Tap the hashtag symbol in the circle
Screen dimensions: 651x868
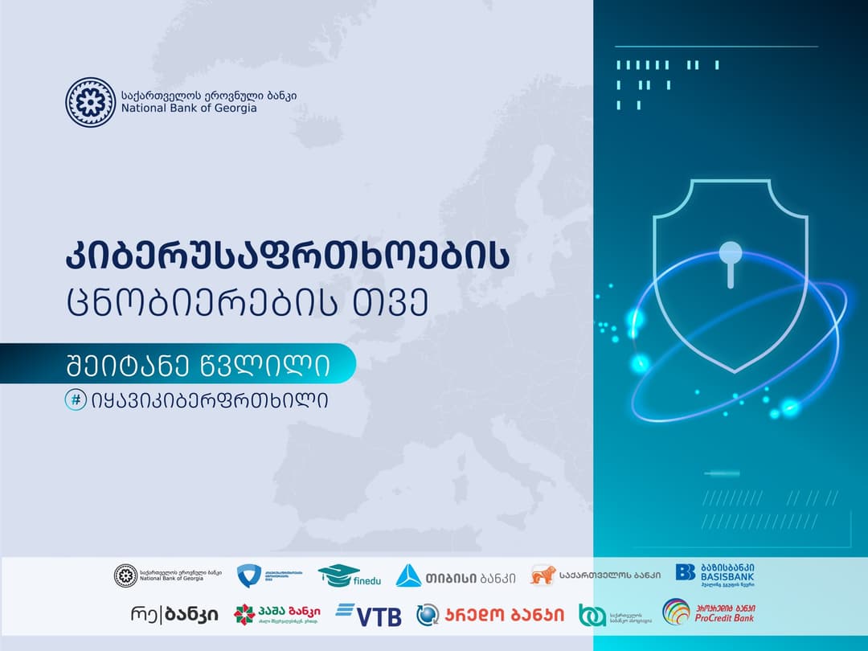tap(76, 399)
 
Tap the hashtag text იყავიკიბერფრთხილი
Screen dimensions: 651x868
tap(211, 399)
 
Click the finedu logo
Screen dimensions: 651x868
tap(349, 575)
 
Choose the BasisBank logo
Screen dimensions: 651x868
tap(715, 575)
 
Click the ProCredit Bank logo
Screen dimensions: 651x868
tap(708, 613)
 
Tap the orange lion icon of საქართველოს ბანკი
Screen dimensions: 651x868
tap(542, 575)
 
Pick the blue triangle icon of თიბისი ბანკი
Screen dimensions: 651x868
tap(408, 575)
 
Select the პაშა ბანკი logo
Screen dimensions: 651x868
tap(273, 615)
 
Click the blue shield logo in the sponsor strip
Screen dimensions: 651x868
tap(248, 575)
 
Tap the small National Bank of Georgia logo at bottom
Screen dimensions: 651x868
tap(127, 575)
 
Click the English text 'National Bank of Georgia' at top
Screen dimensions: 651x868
tap(189, 107)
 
